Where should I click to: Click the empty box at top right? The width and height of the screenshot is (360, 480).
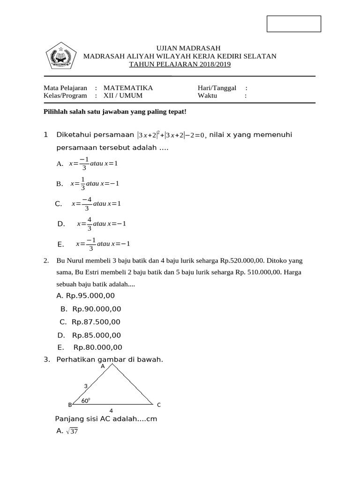tap(294, 24)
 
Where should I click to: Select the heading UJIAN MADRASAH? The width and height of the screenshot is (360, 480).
tap(180, 48)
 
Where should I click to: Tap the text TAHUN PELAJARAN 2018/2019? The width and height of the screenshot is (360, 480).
tap(180, 64)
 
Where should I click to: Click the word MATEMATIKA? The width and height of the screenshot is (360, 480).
tap(128, 88)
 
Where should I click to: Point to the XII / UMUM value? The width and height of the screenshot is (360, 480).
tap(123, 95)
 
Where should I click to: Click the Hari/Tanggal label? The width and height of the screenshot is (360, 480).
tap(217, 88)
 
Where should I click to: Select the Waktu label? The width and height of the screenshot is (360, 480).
tap(208, 95)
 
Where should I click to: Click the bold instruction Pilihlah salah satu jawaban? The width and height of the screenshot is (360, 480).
tap(115, 112)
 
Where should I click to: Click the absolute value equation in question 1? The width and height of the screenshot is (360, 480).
tap(171, 135)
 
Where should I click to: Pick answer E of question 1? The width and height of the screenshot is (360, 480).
tap(102, 244)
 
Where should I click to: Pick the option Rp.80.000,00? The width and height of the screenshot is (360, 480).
tap(98, 347)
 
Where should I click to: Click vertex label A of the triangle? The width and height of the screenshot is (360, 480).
tap(103, 367)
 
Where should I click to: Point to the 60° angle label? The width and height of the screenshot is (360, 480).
tap(85, 400)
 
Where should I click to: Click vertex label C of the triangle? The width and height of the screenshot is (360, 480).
tap(159, 405)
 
